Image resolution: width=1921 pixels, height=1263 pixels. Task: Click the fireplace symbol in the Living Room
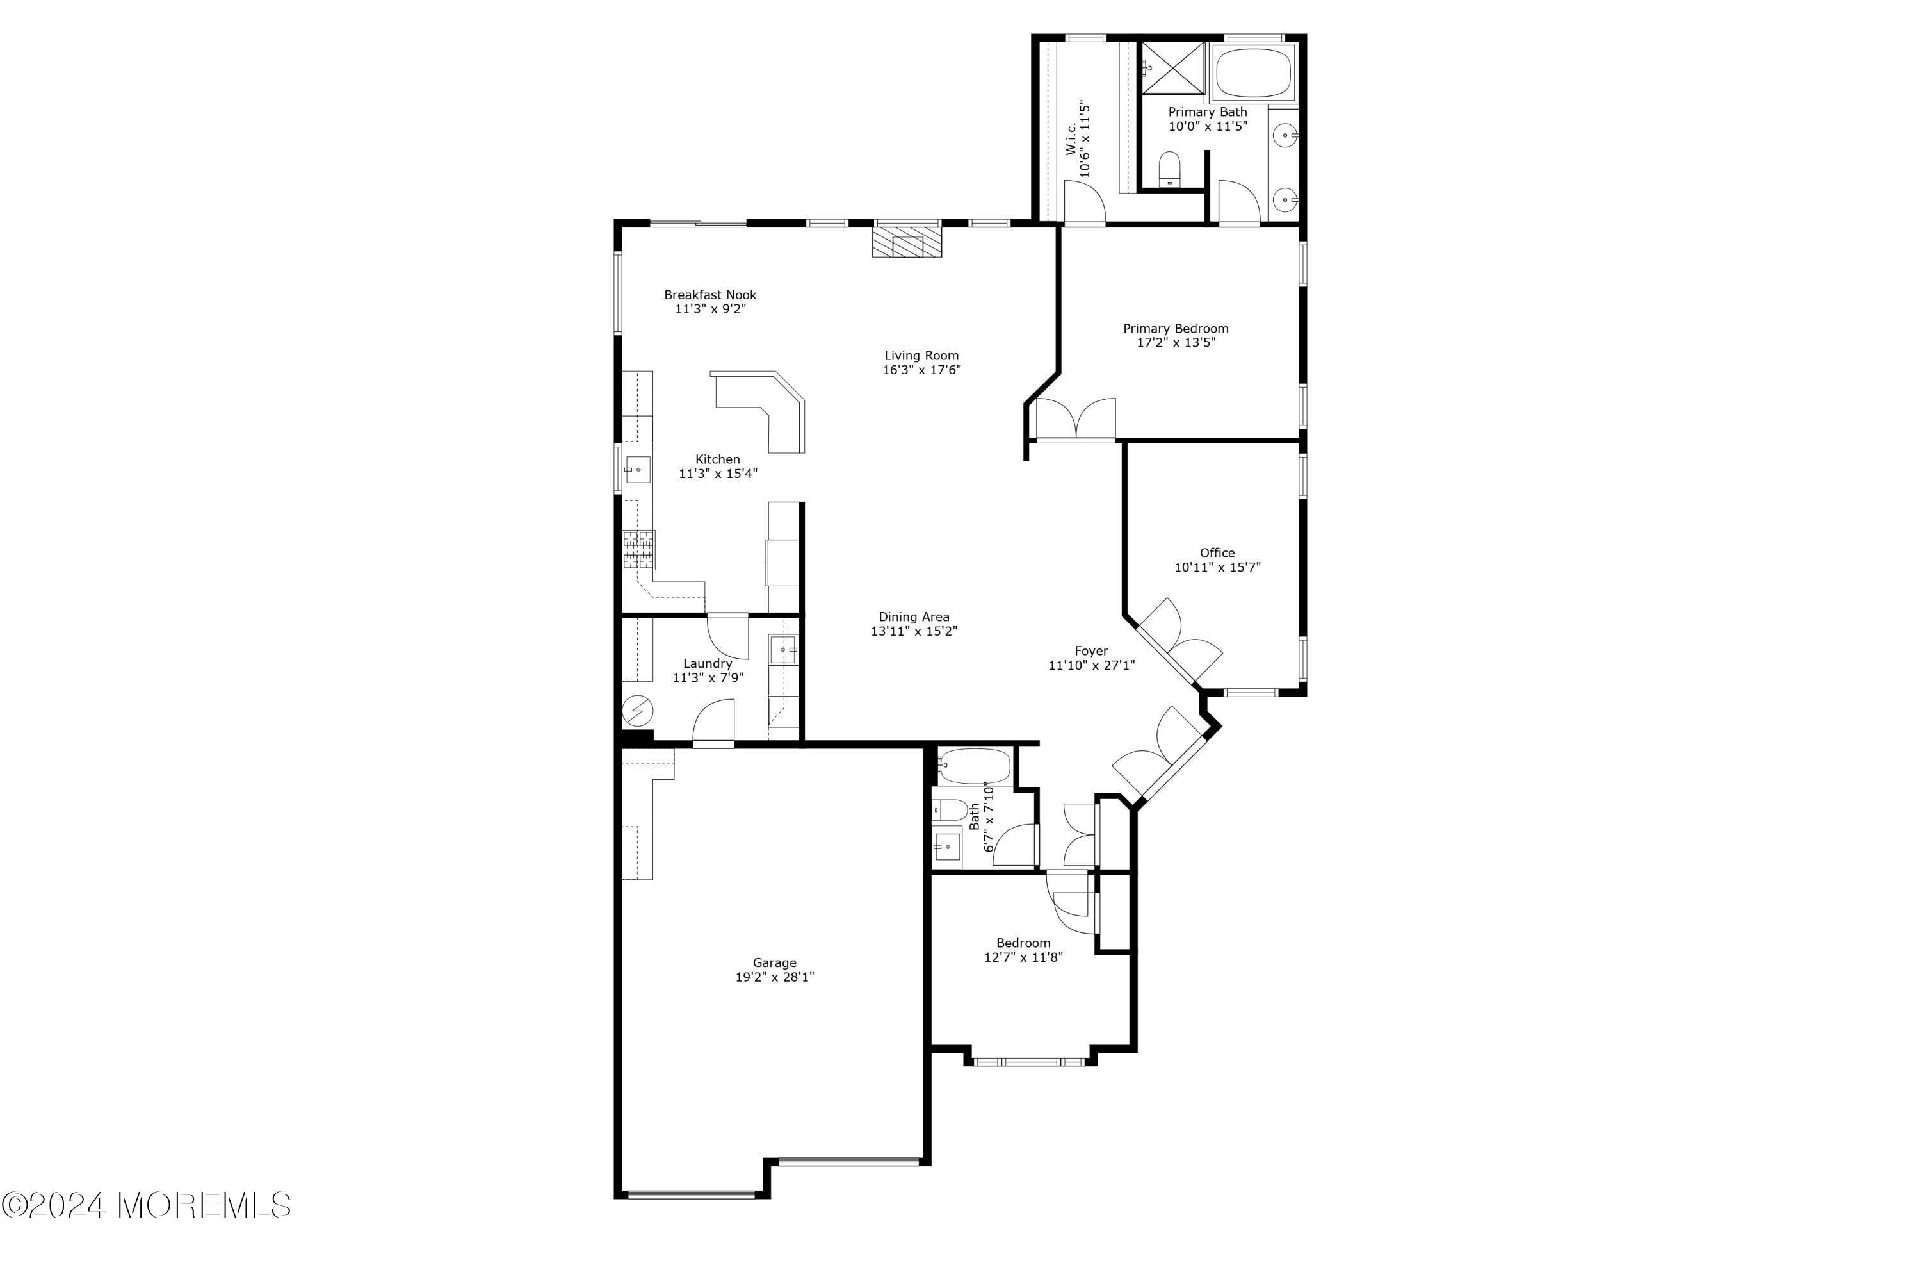point(907,242)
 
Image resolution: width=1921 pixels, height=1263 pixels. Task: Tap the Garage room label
point(774,962)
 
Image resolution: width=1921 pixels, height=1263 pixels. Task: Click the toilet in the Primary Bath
point(1169,168)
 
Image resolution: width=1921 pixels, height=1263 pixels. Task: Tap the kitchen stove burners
point(638,550)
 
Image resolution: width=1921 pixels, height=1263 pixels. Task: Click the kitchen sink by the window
point(638,468)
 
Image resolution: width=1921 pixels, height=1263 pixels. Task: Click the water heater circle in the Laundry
point(638,711)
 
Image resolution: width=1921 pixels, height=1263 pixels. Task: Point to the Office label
point(1217,553)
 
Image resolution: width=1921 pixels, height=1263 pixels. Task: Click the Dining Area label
point(914,617)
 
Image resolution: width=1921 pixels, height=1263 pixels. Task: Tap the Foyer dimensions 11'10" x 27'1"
point(1091,665)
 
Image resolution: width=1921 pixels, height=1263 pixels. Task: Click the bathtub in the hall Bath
point(974,766)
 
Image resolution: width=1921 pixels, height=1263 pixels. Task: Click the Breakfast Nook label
point(710,295)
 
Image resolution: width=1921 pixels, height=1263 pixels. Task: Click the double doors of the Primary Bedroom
point(1075,420)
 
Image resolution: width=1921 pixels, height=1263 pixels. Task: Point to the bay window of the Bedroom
point(1029,1061)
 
